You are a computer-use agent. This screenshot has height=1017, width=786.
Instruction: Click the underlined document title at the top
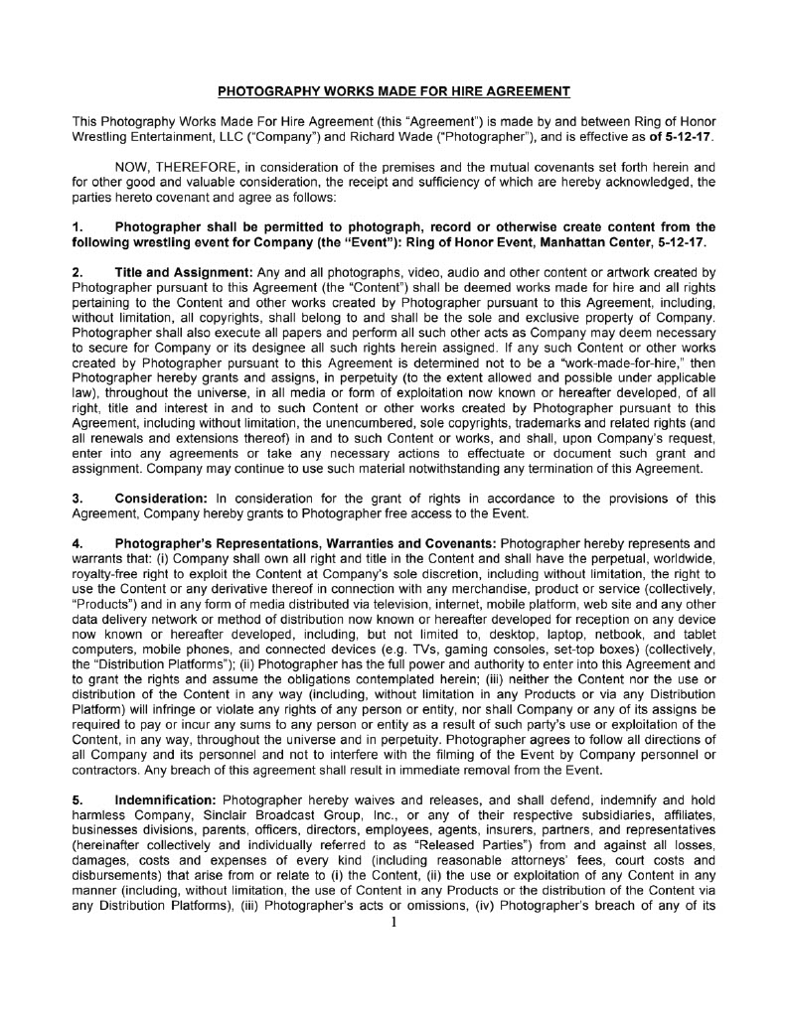click(393, 92)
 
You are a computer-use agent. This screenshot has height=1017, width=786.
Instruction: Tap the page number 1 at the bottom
click(393, 923)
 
